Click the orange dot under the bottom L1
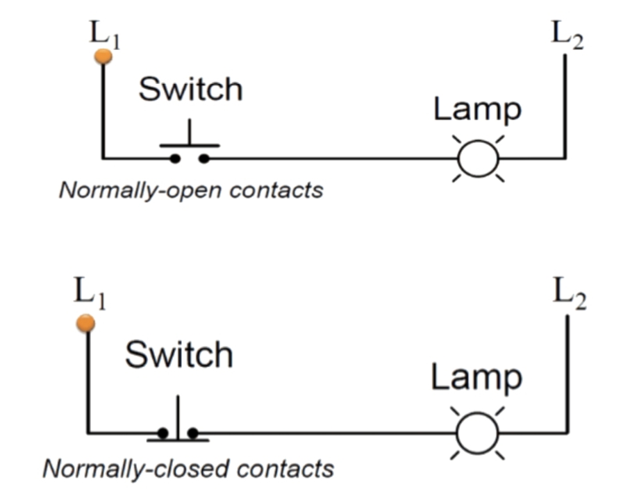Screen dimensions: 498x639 click(x=86, y=323)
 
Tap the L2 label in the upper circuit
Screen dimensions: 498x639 click(x=567, y=35)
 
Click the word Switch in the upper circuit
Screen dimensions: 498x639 click(x=190, y=90)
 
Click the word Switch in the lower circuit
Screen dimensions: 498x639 click(x=179, y=355)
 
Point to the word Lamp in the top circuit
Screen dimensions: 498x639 click(x=477, y=110)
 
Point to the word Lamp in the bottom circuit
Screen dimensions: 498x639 click(x=476, y=377)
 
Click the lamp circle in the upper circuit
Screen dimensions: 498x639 click(x=478, y=158)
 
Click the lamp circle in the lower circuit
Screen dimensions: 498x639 click(x=477, y=433)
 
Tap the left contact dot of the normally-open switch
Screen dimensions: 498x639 click(x=175, y=158)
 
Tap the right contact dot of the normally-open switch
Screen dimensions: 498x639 click(x=204, y=158)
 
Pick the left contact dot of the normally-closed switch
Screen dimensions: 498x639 click(x=163, y=433)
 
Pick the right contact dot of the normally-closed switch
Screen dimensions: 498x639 click(x=192, y=433)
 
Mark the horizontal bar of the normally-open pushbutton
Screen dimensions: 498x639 click(x=190, y=146)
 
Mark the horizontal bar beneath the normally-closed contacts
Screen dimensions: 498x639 click(x=178, y=440)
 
